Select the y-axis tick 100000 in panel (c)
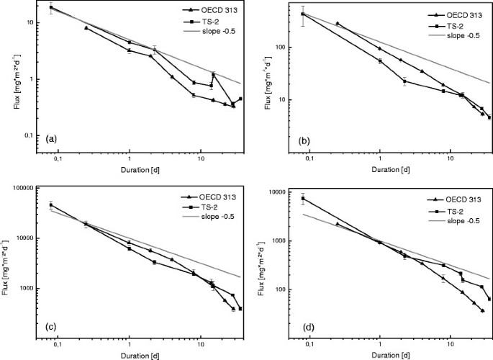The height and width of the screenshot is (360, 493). (x=30, y=188)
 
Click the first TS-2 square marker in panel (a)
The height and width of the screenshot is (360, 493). (x=51, y=7)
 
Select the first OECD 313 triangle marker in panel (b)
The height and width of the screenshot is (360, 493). (x=338, y=24)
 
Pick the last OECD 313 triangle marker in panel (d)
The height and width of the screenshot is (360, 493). (x=482, y=310)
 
